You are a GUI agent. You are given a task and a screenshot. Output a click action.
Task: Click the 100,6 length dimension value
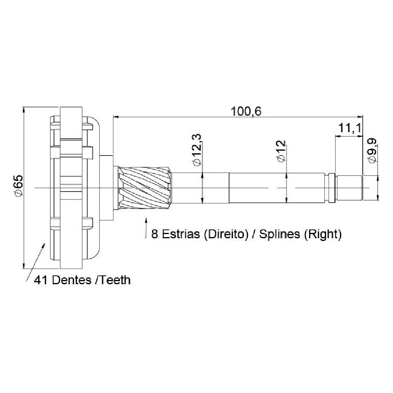click(246, 111)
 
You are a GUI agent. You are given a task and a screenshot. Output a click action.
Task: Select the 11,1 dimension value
click(350, 128)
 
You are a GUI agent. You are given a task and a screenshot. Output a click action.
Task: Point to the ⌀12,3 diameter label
click(196, 150)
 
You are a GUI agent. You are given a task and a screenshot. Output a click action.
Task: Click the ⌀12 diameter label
click(281, 151)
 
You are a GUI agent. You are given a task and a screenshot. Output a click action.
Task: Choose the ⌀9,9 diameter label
click(372, 151)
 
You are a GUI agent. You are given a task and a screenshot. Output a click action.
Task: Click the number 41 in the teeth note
click(41, 280)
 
